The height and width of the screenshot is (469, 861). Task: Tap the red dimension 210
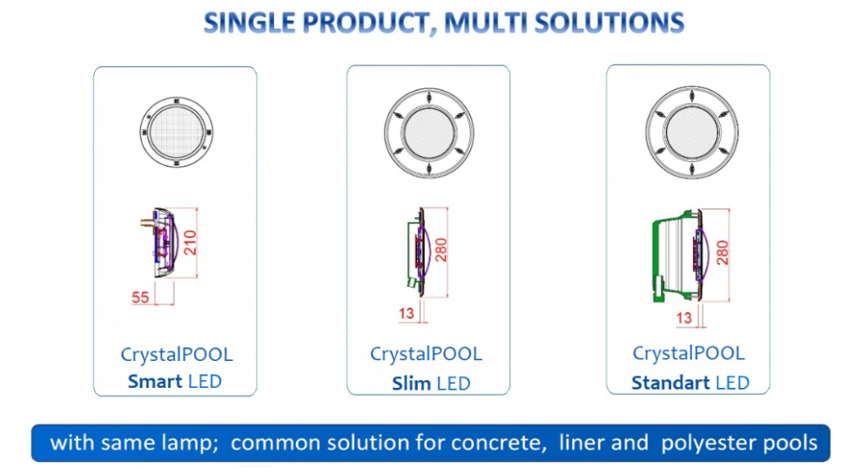tap(190, 242)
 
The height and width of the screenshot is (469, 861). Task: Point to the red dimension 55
tap(140, 297)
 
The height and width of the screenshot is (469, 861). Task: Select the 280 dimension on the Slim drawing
tap(441, 250)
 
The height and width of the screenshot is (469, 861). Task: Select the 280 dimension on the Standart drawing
tap(723, 252)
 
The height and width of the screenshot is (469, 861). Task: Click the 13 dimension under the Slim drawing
tap(407, 314)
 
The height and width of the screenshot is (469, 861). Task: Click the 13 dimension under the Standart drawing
tap(684, 318)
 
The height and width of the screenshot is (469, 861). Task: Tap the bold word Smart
tap(155, 381)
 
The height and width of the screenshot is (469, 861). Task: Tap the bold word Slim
tap(411, 384)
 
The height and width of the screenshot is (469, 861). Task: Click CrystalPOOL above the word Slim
tap(426, 354)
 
